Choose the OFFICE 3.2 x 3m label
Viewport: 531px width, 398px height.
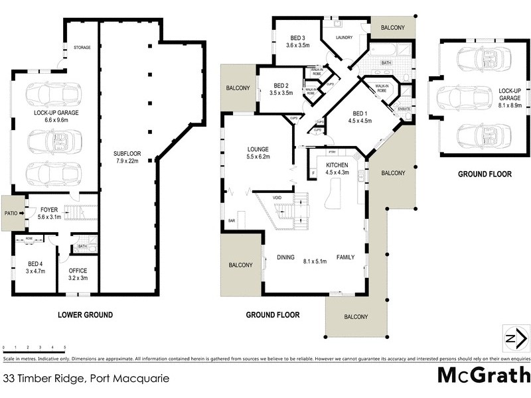78,274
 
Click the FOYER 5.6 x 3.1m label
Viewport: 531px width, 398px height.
48,213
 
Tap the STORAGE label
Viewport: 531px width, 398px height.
82,47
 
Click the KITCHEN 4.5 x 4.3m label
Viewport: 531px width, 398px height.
338,168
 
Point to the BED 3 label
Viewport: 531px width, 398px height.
297,41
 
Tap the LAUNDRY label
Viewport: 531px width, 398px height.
343,38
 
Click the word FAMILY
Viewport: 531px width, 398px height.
346,257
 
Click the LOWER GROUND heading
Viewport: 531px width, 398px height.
85,315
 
